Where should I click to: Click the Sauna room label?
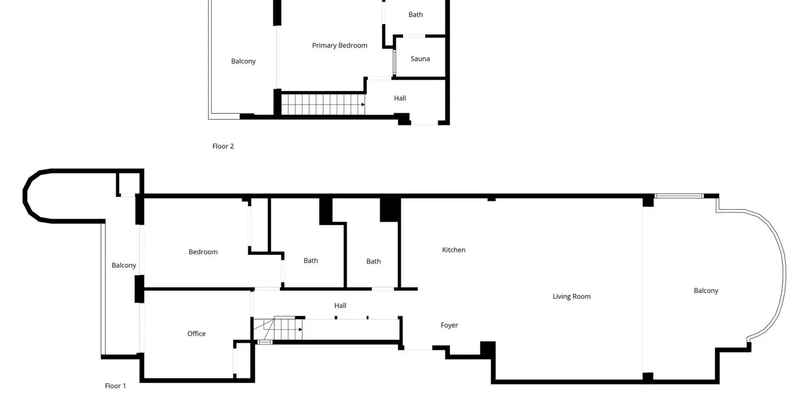pos(420,59)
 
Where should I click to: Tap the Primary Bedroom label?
pos(339,46)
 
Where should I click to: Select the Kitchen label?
pos(454,250)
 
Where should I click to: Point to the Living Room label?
pos(571,297)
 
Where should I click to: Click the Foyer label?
pos(450,325)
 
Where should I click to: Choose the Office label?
pos(197,334)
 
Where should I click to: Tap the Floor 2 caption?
pos(223,146)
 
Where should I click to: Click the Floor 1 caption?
pos(115,386)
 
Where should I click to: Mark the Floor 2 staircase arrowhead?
pos(363,104)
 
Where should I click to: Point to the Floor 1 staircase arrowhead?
pos(300,330)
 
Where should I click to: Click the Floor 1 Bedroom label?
pos(203,252)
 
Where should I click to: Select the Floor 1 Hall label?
pos(340,306)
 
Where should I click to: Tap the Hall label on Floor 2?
pos(400,98)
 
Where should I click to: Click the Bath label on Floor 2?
pos(416,15)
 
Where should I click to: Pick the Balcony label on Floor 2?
pos(243,61)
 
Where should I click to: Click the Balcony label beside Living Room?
pos(706,291)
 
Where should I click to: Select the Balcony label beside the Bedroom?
pos(124,265)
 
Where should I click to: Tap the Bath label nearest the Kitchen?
pos(374,261)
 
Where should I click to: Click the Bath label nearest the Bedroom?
pos(310,261)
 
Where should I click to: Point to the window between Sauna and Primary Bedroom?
pos(394,63)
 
